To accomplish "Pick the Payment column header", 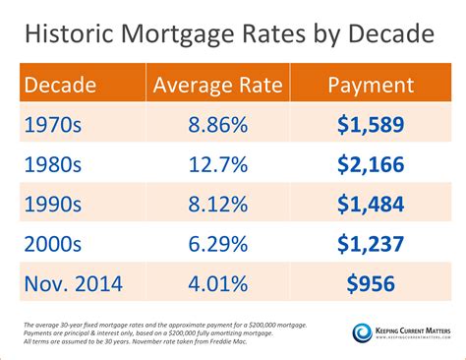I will tap(370, 85).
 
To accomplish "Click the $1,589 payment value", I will tap(370, 126).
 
